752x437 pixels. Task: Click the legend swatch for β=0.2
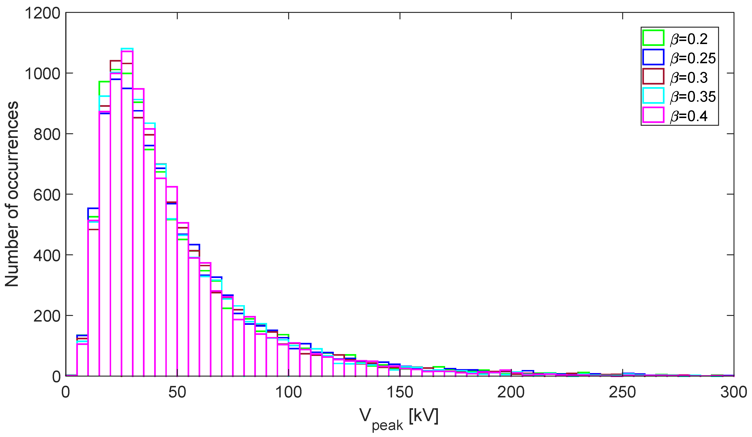tap(653, 38)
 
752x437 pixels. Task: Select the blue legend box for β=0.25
tap(653, 57)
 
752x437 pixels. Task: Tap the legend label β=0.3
tap(689, 77)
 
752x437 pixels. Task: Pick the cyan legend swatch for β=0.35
tap(653, 96)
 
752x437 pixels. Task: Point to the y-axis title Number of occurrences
tap(12, 194)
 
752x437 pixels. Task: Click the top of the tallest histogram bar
tap(127, 48)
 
